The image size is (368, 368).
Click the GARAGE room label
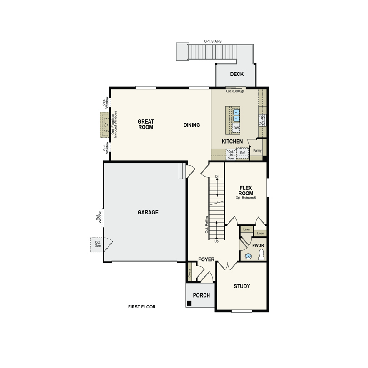tap(148, 212)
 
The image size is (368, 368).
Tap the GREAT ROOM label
tap(146, 124)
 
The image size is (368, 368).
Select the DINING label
tap(192, 125)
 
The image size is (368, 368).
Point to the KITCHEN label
tap(232, 142)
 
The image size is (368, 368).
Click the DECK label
tap(237, 74)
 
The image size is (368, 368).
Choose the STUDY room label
tap(242, 286)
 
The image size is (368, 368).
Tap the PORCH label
tap(201, 295)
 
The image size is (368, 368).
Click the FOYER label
tap(206, 260)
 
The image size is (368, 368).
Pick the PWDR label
tap(258, 245)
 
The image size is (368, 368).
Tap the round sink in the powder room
tap(248, 256)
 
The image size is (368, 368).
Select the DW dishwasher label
tap(236, 128)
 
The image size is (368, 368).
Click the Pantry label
tap(257, 150)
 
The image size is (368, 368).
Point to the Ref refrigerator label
tap(242, 153)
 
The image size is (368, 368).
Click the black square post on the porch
tap(189, 303)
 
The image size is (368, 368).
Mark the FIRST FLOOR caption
tap(142, 307)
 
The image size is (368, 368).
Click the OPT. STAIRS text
tap(213, 41)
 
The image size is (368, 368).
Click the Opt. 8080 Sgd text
tap(235, 91)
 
